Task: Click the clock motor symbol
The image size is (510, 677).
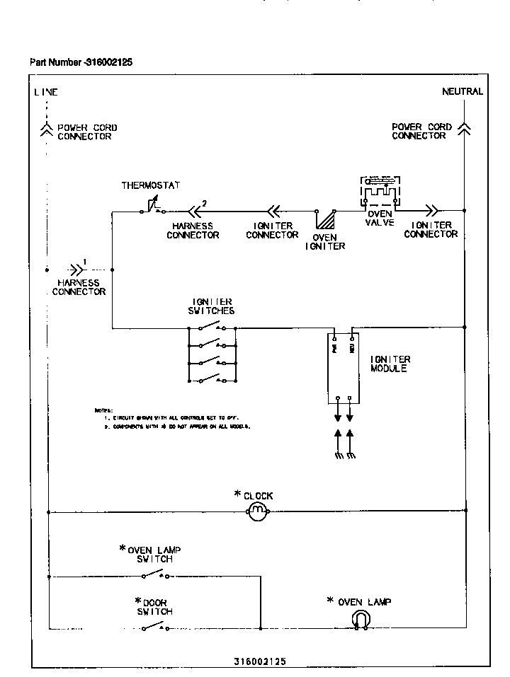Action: coord(259,511)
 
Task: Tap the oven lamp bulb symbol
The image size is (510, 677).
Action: coord(361,620)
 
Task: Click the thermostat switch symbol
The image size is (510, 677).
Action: coord(153,207)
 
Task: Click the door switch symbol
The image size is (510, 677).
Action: coord(154,627)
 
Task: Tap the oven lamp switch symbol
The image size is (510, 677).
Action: coord(154,574)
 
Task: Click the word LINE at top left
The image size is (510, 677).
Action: coord(46,92)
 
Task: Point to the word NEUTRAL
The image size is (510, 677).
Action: coord(463,91)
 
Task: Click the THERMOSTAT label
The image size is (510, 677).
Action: coord(151,185)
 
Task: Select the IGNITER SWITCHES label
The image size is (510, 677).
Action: coord(211,306)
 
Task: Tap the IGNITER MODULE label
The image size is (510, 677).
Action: coord(390,364)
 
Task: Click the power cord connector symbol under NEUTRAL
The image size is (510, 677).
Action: coord(464,128)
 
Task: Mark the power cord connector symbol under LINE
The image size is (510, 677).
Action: coord(47,128)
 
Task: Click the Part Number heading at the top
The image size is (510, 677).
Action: coord(81,62)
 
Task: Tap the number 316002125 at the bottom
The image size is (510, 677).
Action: coord(260,661)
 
